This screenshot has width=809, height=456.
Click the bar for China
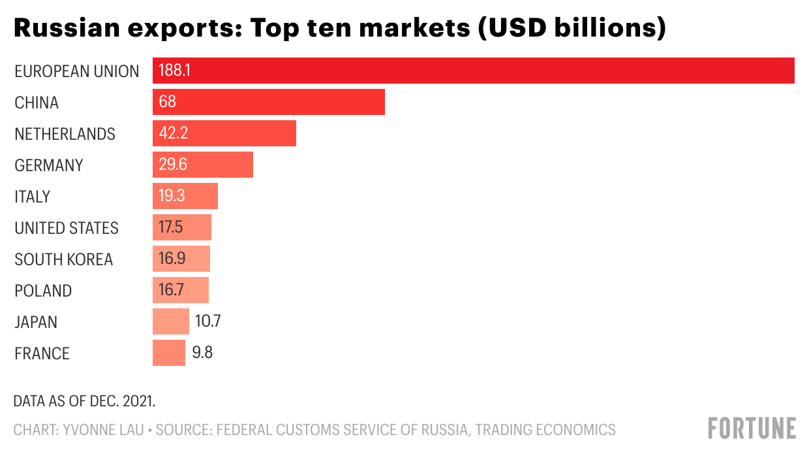[x=268, y=102]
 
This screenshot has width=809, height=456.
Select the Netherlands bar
[x=224, y=133]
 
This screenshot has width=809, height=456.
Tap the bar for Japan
[x=170, y=321]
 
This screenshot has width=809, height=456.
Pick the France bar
[x=168, y=353]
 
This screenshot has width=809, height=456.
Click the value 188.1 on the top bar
[x=174, y=71]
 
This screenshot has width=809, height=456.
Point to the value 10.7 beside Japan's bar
[x=209, y=321]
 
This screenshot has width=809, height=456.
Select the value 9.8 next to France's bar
[x=202, y=353]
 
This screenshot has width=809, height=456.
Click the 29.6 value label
[x=173, y=165]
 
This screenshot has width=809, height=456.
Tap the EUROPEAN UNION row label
[x=77, y=71]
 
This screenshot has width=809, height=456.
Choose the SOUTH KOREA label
[x=64, y=259]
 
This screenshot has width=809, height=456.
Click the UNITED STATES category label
[x=67, y=228]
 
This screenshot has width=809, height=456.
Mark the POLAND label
[x=43, y=291]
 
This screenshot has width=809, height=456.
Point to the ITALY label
[x=33, y=197]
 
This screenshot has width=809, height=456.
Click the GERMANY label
[x=49, y=165]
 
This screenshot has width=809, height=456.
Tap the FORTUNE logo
[x=752, y=429]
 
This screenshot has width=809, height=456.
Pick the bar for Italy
[x=185, y=196]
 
